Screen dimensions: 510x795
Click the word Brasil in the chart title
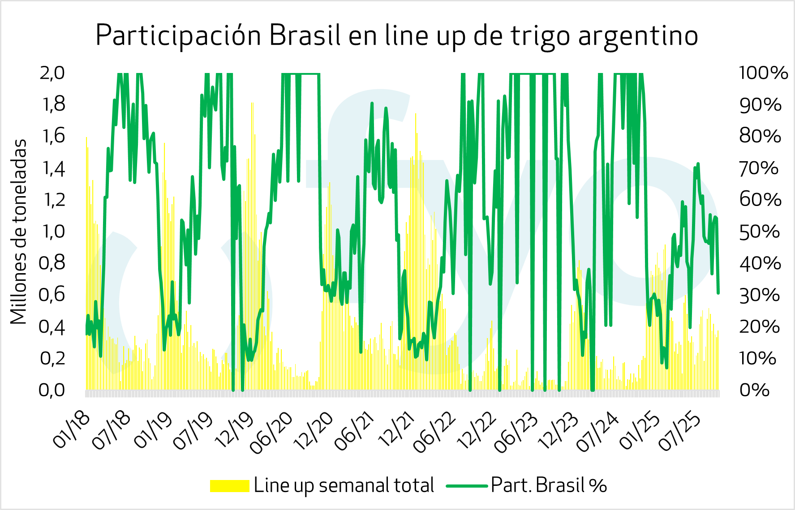pos(305,36)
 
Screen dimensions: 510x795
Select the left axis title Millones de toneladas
pos(19,231)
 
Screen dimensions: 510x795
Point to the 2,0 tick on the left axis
pos(52,73)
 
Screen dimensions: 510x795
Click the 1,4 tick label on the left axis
pos(52,168)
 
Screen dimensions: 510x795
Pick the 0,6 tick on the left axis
pos(52,295)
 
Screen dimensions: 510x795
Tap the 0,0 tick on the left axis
pos(52,390)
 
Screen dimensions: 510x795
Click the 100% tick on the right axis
pos(763,73)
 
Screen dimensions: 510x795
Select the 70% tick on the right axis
pos(760,168)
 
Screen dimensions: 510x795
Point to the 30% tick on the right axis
pos(760,295)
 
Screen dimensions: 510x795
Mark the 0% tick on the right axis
pos(754,390)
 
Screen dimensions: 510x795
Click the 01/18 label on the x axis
pos(72,431)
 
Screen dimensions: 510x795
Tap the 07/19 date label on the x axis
pos(193,432)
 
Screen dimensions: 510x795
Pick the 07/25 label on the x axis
pos(680,432)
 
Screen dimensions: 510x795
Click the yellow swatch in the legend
pos(229,486)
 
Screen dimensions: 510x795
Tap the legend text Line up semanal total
pos(344,485)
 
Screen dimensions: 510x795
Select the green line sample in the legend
pos(466,486)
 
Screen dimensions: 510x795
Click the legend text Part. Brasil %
pos(549,485)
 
